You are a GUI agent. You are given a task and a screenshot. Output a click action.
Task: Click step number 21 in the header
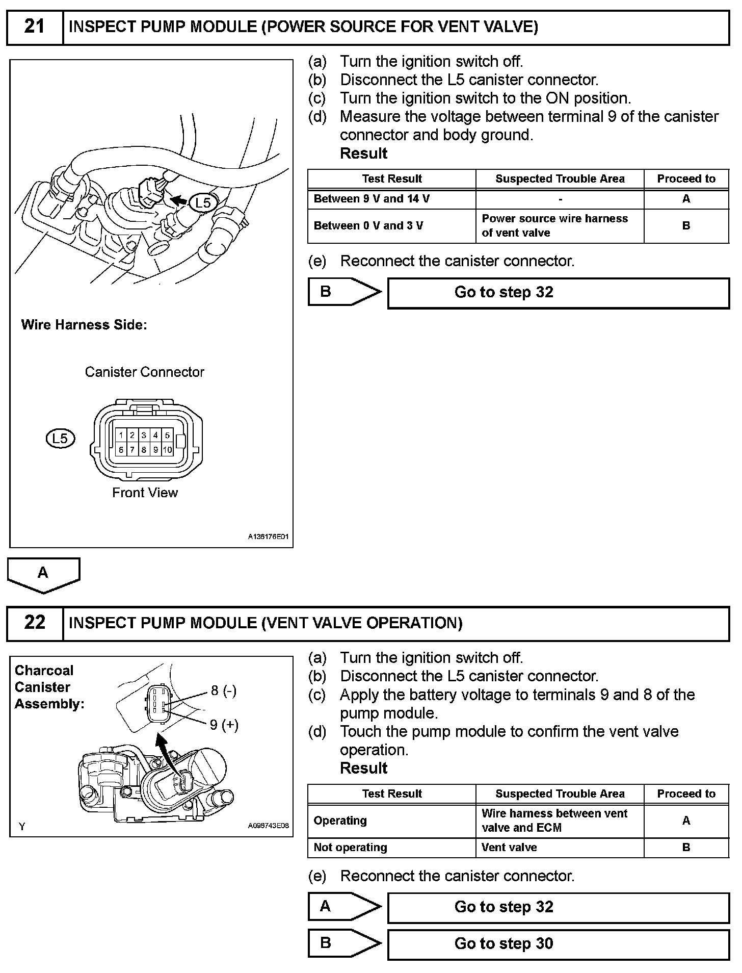tap(34, 27)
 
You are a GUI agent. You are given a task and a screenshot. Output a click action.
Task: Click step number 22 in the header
tap(34, 622)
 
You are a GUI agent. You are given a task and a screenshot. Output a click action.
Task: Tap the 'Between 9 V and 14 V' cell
tap(372, 199)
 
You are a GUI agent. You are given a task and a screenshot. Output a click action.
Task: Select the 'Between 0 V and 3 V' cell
tap(368, 225)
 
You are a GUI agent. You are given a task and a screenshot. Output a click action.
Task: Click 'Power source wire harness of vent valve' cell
tap(554, 225)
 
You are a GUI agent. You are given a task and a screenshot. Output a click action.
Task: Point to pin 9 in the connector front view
tap(155, 450)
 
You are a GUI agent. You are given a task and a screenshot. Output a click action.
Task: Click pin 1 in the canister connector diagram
tap(121, 435)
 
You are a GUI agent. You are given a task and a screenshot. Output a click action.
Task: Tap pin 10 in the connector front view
tap(167, 450)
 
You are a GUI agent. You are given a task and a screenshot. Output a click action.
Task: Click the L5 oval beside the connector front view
tap(60, 438)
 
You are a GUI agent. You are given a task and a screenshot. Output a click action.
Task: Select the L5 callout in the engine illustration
tap(203, 202)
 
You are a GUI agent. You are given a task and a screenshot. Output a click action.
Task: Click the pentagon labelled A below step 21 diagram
tap(43, 574)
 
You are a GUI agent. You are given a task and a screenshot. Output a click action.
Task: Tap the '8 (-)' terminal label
tap(223, 690)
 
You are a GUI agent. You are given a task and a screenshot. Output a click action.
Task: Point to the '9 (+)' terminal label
tap(224, 725)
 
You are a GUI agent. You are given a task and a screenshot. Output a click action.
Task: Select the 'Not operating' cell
tap(351, 847)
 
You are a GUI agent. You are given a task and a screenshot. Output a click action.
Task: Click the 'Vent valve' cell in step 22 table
tap(509, 847)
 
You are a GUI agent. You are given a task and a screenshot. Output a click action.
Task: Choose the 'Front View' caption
tap(145, 493)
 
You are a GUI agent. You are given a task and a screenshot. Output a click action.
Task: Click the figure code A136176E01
tap(268, 536)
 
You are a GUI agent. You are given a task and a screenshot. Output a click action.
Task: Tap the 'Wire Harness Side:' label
tap(84, 325)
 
